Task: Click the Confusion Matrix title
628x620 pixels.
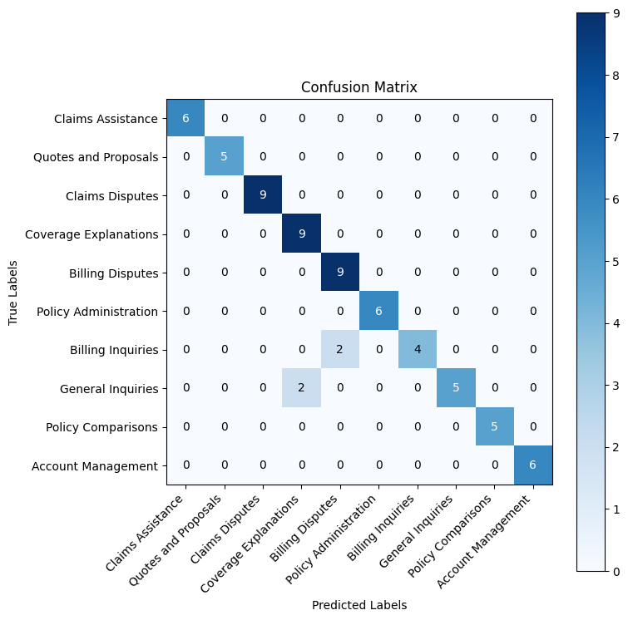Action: [359, 87]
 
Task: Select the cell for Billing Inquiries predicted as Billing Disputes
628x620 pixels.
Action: [340, 349]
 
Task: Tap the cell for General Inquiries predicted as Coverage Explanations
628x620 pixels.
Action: [302, 387]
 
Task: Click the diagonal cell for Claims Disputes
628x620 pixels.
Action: [263, 195]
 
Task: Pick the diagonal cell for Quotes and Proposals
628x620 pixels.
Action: [225, 156]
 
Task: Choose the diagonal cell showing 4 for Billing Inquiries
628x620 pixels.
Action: [418, 349]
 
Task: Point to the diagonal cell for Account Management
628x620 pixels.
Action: [533, 465]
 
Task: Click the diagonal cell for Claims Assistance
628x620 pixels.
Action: [185, 118]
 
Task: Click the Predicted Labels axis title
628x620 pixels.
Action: [359, 605]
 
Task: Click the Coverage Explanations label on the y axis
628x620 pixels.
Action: [91, 234]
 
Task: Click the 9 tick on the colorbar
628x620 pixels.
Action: [617, 13]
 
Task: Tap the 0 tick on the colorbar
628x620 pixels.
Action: [617, 570]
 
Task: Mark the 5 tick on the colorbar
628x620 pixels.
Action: [617, 261]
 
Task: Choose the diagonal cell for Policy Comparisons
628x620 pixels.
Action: [495, 426]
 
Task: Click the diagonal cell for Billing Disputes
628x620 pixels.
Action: [340, 273]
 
